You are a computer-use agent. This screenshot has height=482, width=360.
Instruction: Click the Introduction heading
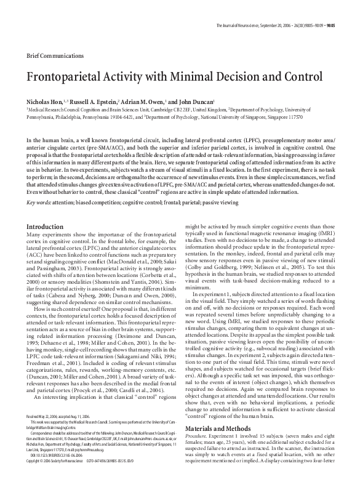coord(46,209)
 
